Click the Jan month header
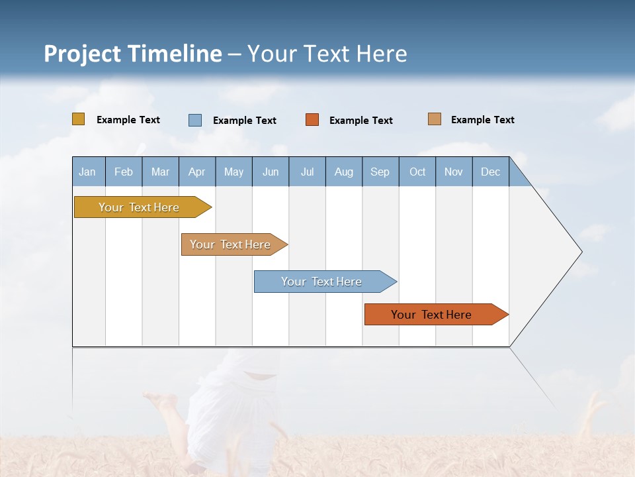point(88,172)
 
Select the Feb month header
point(124,172)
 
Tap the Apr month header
point(197,172)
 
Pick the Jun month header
point(271,172)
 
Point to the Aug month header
point(344,172)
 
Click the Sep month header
point(380,172)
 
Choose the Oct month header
point(417,172)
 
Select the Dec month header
point(491,172)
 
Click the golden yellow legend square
point(79,119)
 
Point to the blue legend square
point(195,120)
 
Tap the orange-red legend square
point(312,120)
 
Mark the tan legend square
point(435,119)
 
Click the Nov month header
point(454,172)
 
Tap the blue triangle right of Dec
point(518,177)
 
